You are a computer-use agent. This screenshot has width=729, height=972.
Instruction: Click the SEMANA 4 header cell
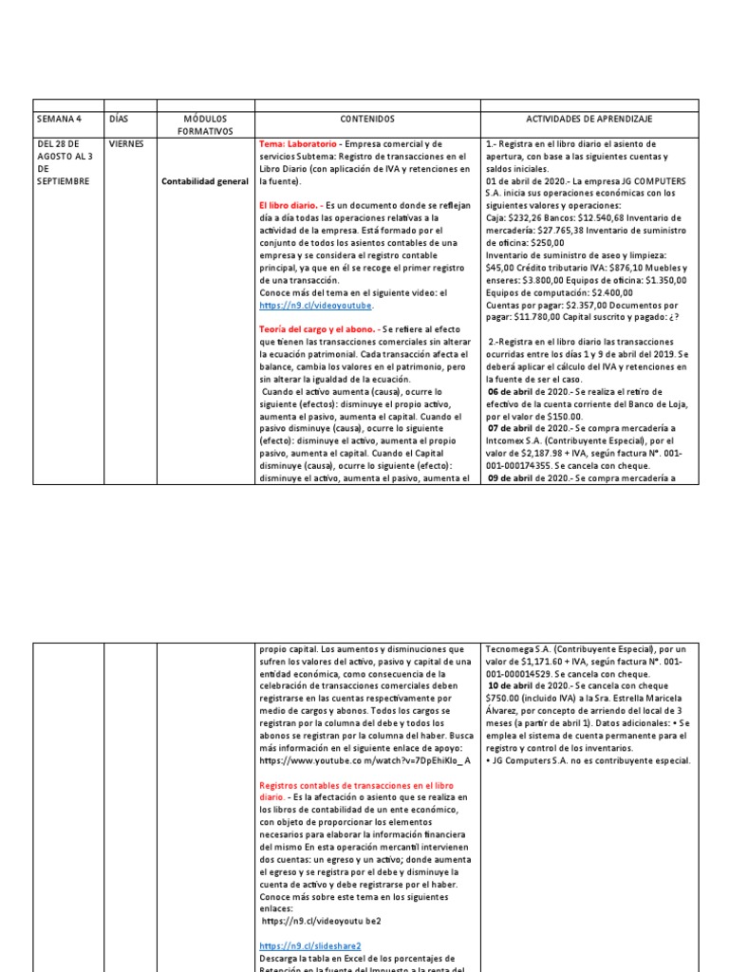[x=59, y=119]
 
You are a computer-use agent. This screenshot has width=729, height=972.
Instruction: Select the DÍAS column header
[x=119, y=119]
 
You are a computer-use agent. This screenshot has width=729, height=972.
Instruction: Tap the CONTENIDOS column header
[x=365, y=119]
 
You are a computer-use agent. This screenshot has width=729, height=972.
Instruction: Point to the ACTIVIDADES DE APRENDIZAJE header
[x=589, y=119]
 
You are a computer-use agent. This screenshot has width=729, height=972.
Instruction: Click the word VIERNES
[x=127, y=144]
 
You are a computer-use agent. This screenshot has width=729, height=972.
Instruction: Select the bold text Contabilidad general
[x=205, y=180]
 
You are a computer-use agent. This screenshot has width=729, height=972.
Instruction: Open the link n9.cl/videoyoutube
[x=316, y=306]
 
